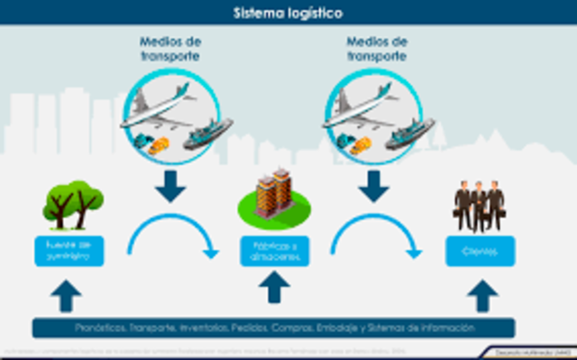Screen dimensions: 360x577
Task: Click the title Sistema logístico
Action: point(288,13)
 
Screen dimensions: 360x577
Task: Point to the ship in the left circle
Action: point(208,134)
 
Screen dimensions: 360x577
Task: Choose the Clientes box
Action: point(480,251)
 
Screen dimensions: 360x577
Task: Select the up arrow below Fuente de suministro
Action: point(69,296)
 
